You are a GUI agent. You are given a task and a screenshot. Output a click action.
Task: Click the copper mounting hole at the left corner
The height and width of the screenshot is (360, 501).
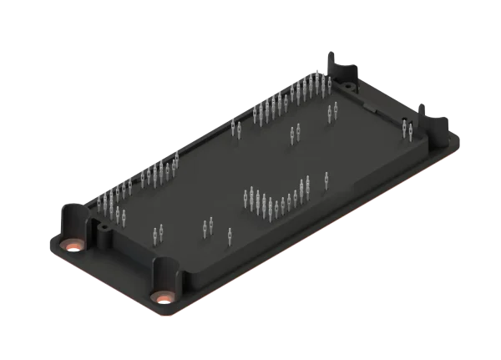(x=73, y=246)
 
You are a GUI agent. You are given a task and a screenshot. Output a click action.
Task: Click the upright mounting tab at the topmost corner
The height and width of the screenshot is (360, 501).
(x=339, y=65)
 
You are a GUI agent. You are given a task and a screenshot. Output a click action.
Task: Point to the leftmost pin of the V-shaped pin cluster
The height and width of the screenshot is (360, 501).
(x=245, y=197)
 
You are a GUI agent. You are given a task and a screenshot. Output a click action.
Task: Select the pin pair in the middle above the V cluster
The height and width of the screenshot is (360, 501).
(x=294, y=133)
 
